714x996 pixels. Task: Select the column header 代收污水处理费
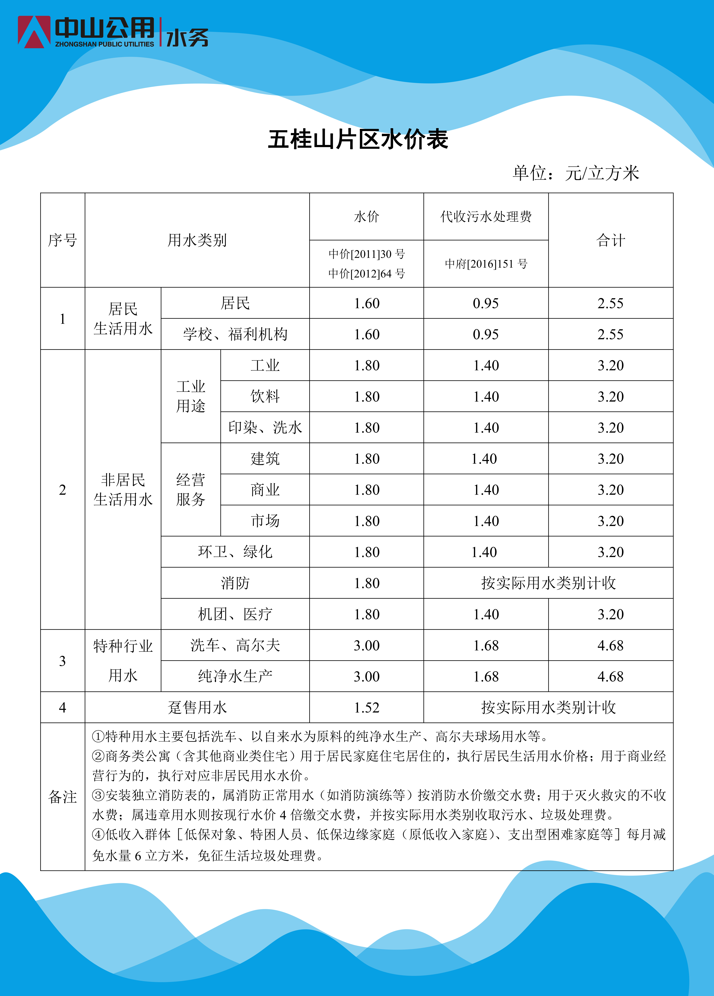tap(486, 217)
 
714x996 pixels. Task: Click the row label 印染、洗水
tap(265, 427)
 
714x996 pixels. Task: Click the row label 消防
tap(235, 583)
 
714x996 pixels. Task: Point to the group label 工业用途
tap(191, 396)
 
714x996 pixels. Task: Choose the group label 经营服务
tap(191, 490)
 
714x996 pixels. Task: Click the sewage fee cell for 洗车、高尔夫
tap(486, 646)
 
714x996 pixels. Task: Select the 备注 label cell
tap(62, 797)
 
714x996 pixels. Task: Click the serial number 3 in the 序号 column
tap(62, 661)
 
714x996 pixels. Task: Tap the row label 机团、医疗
tap(235, 614)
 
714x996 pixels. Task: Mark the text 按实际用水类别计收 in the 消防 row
tap(548, 583)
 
